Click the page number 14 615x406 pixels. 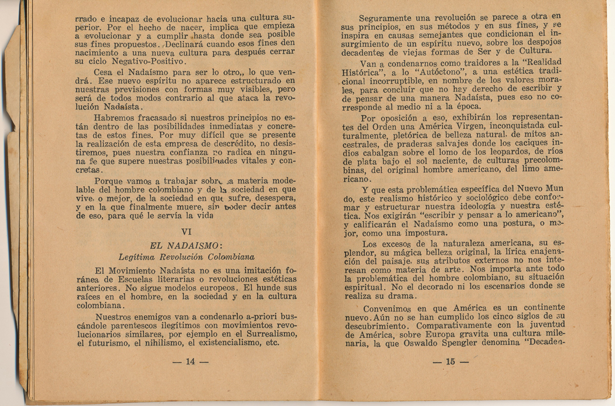190,362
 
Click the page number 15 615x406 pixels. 450,362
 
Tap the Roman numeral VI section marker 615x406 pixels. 187,231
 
